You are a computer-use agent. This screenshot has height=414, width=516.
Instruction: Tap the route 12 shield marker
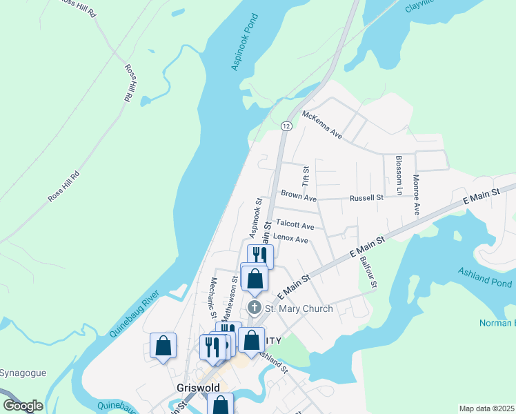pyautogui.click(x=286, y=126)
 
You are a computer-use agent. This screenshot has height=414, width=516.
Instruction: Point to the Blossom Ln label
pyautogui.click(x=399, y=175)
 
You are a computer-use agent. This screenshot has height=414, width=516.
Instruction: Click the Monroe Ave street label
pyautogui.click(x=416, y=195)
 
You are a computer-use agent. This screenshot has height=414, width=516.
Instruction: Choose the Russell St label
pyautogui.click(x=366, y=198)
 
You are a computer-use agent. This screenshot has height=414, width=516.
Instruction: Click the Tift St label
pyautogui.click(x=306, y=175)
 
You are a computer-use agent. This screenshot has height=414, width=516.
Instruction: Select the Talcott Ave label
pyautogui.click(x=295, y=225)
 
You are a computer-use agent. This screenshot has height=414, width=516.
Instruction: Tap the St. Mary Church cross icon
pyautogui.click(x=254, y=308)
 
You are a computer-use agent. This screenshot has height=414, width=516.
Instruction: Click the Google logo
pyautogui.click(x=23, y=406)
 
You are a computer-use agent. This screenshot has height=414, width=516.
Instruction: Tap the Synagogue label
pyautogui.click(x=23, y=373)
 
